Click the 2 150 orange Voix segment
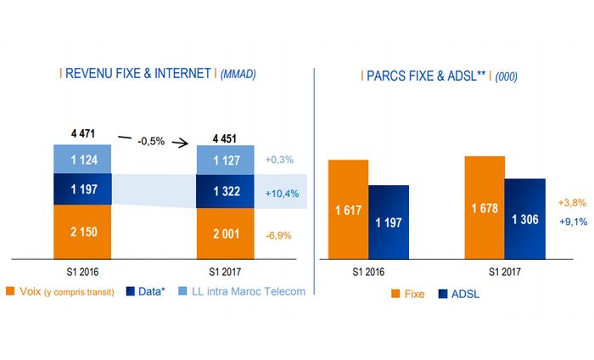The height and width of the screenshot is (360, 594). (83, 233)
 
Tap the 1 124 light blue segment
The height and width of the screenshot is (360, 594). (83, 159)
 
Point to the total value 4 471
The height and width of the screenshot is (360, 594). (83, 133)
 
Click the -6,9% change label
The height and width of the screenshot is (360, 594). (278, 233)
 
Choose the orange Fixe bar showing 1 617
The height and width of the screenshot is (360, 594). (348, 209)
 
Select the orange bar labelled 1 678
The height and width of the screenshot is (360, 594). (485, 207)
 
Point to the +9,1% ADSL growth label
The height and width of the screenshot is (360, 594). (570, 222)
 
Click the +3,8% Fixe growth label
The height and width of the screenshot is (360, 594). (570, 204)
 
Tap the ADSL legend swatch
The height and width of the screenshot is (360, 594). (443, 294)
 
